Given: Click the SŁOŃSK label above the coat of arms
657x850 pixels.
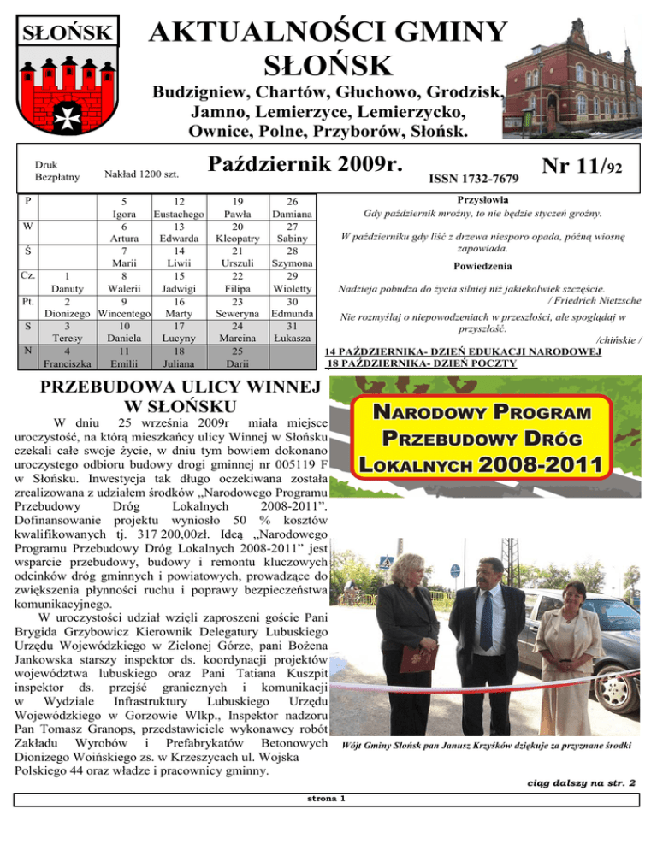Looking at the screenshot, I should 64,33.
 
